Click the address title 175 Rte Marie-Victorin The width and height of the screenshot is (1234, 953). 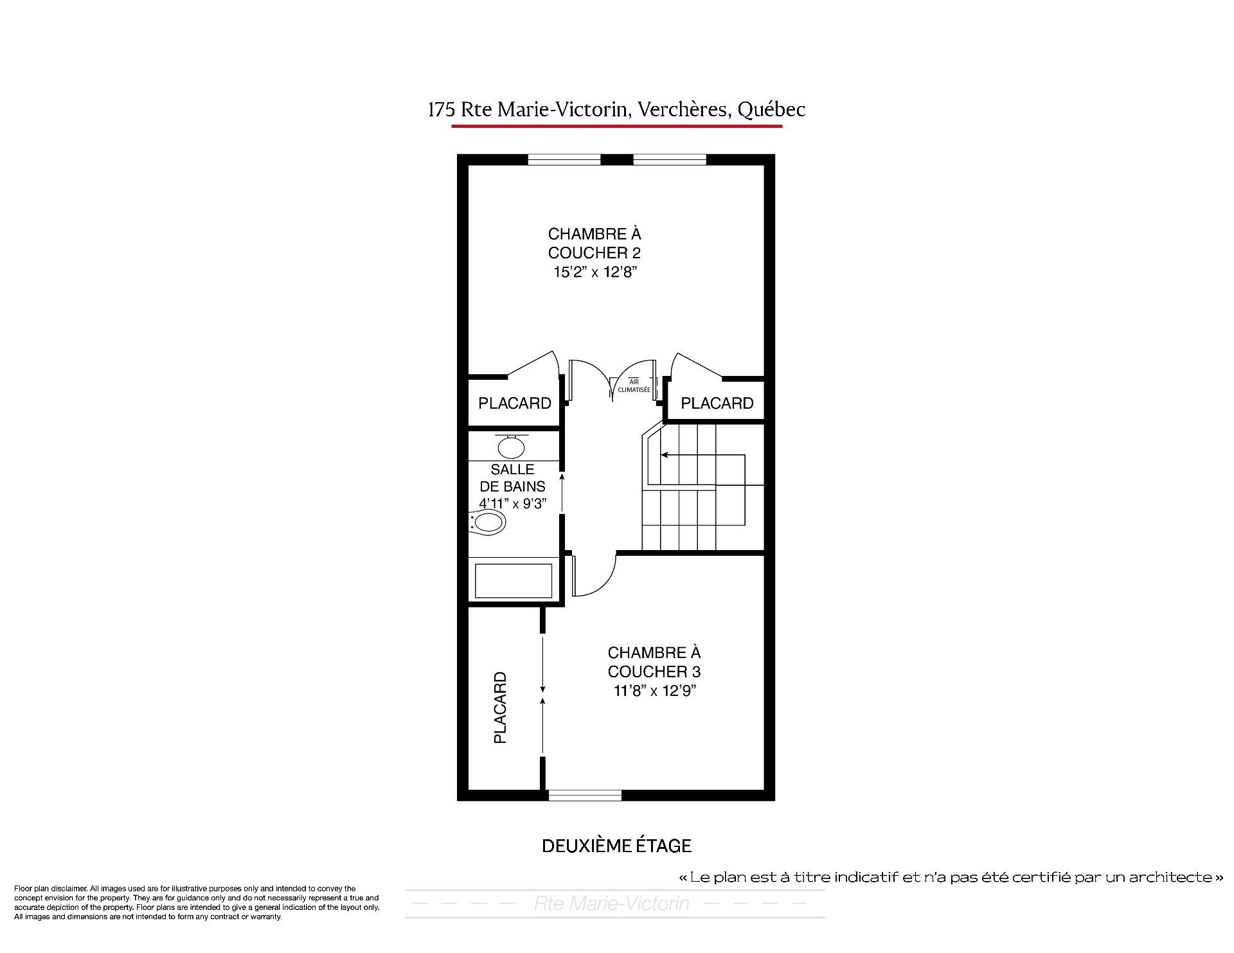click(x=528, y=110)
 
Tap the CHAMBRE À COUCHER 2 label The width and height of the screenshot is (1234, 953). click(x=595, y=243)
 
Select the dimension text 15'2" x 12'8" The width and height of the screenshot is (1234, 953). click(x=595, y=272)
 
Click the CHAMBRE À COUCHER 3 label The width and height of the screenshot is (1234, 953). click(x=654, y=662)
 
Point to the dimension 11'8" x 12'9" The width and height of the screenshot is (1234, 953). click(x=654, y=691)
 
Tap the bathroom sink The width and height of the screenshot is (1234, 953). click(x=511, y=446)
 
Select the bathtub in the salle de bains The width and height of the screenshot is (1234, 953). click(x=514, y=580)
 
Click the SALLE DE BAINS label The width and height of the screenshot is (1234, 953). click(x=512, y=478)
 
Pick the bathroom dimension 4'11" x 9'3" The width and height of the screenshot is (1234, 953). click(x=512, y=503)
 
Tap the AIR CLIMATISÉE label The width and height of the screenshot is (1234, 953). click(x=634, y=386)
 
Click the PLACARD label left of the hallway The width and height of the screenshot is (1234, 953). click(x=515, y=403)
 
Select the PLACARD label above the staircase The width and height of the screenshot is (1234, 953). click(x=717, y=403)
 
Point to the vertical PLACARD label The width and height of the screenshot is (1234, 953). click(x=500, y=708)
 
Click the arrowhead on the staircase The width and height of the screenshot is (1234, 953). click(x=665, y=455)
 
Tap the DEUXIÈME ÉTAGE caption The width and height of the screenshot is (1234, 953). click(x=616, y=846)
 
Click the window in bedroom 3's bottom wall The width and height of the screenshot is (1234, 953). click(x=585, y=795)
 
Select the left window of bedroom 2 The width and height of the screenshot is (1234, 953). click(x=564, y=159)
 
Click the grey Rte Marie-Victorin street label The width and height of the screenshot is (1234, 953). click(x=611, y=904)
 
